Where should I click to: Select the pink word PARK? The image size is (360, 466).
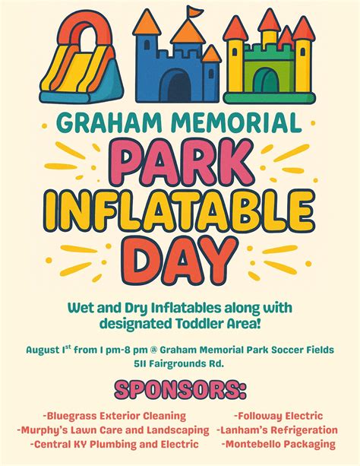tap(181, 160)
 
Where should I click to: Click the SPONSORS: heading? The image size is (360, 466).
tap(180, 392)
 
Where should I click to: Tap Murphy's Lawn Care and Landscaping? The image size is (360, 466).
tap(113, 430)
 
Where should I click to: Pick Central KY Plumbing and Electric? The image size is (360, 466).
tap(115, 444)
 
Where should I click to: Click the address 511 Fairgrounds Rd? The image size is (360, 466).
tap(179, 363)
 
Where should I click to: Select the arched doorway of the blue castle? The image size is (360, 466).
tap(180, 84)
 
